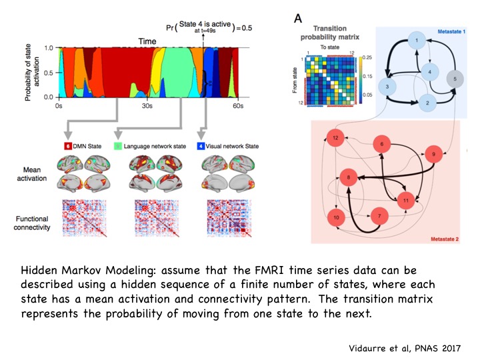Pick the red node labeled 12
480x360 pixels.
click(335, 138)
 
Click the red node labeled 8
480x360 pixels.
click(349, 177)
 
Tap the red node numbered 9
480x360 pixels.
click(434, 153)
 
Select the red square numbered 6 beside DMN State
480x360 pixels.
click(67, 144)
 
